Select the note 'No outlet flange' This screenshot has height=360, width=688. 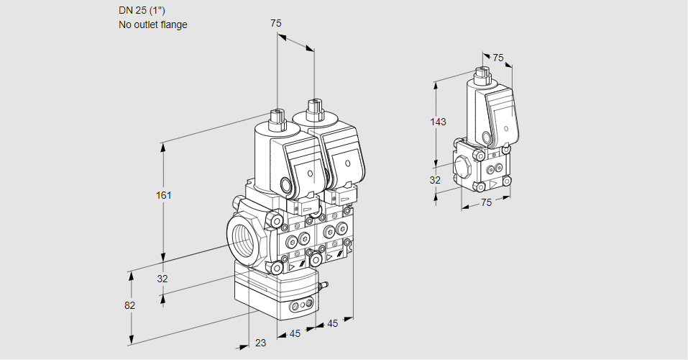[x=152, y=24]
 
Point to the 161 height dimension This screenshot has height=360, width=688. [x=165, y=195]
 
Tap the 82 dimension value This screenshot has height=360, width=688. [x=129, y=305]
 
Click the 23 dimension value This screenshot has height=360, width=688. [x=260, y=343]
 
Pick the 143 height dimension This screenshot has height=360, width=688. [x=438, y=122]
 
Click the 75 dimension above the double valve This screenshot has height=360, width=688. [x=275, y=23]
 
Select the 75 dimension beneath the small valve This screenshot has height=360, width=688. [x=486, y=202]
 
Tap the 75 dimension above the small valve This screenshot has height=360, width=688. [x=498, y=58]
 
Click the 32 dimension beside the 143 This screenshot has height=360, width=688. [x=435, y=180]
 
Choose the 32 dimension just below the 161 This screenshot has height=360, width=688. [x=162, y=279]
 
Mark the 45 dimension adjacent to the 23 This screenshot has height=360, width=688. [x=295, y=333]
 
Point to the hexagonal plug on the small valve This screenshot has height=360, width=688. [x=463, y=165]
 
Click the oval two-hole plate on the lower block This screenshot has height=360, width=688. [x=300, y=308]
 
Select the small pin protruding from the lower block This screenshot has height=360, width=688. [x=324, y=287]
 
